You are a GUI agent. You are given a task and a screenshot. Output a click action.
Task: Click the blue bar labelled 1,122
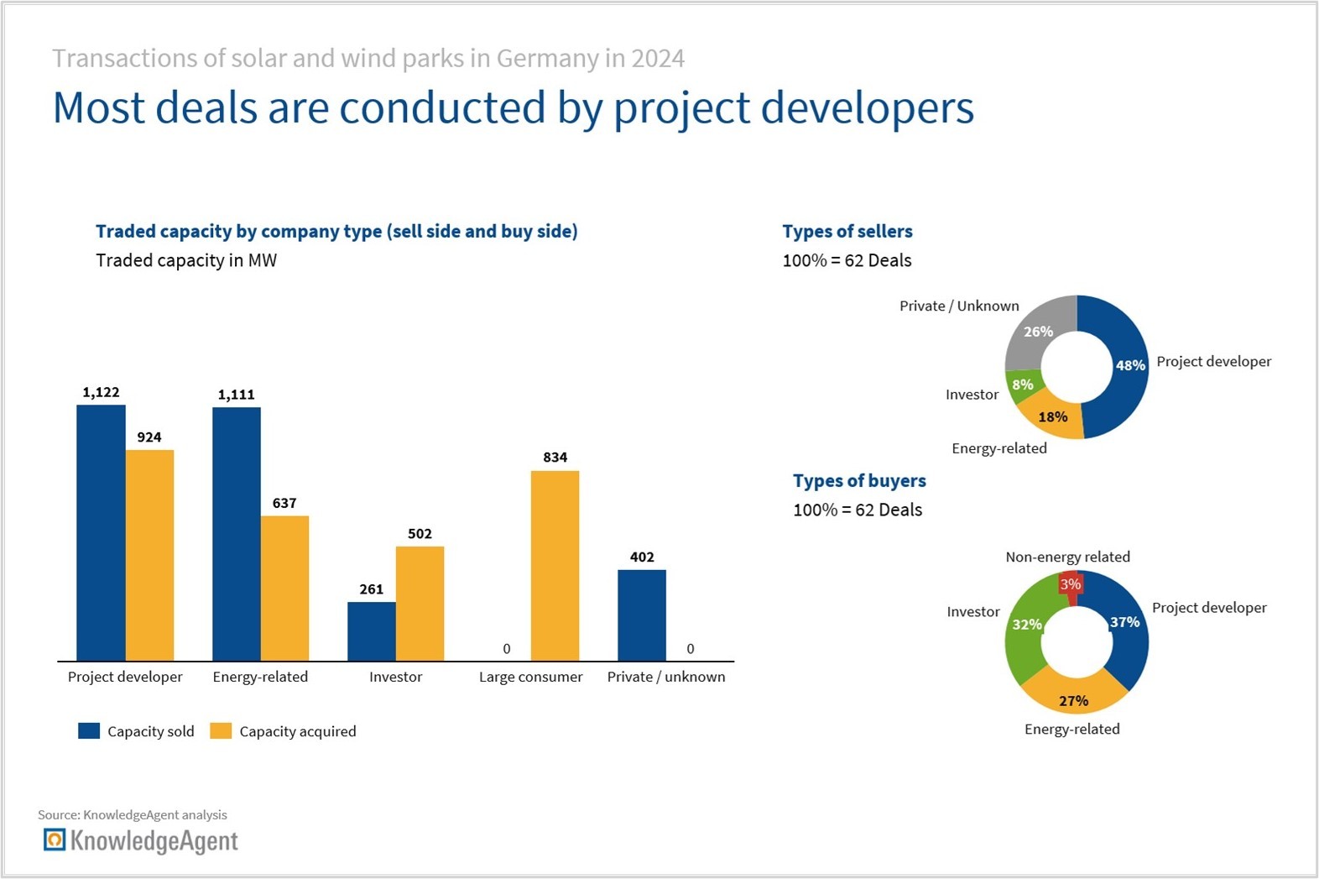point(101,533)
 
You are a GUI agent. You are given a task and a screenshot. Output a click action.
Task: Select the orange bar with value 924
point(150,555)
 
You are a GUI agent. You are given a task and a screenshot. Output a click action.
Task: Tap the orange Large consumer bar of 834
point(555,566)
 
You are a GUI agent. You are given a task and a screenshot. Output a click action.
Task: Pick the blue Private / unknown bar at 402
point(642,615)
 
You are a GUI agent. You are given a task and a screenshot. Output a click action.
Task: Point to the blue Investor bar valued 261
point(372,631)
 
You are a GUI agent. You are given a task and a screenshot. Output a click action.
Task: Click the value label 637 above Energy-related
point(284,504)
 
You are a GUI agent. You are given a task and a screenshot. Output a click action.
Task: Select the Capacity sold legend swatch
point(89,731)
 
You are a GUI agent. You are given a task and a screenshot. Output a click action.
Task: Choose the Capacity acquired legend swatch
point(221,731)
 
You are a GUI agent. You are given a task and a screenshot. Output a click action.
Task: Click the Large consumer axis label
point(530,677)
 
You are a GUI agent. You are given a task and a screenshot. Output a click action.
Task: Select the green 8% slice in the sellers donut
point(1024,385)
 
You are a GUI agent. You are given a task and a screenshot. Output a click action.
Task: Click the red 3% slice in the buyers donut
point(1070,584)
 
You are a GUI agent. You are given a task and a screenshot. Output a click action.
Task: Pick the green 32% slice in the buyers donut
point(1026,625)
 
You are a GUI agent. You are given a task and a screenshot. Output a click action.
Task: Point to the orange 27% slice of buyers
point(1074,698)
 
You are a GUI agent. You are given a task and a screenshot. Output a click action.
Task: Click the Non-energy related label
point(1067,557)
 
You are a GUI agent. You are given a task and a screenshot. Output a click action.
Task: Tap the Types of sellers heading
point(847,232)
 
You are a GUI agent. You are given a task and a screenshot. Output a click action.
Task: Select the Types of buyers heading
point(859,481)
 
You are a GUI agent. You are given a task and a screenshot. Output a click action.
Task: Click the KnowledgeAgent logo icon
point(55,840)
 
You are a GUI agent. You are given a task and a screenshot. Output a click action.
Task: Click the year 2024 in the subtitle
point(658,59)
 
